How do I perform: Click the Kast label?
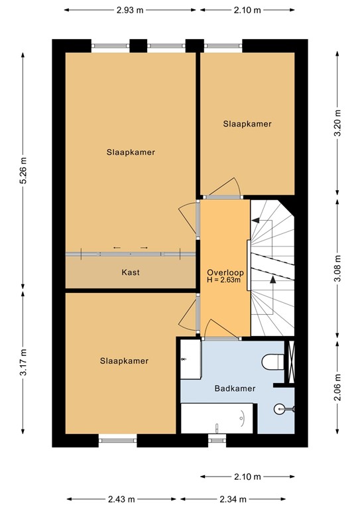point(130,272)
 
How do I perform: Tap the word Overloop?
point(225,272)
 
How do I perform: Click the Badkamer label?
point(233,389)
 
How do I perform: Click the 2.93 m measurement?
point(130,11)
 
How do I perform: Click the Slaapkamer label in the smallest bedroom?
point(247,124)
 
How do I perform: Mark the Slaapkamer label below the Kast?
point(124,361)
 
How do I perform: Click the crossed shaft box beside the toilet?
point(289,361)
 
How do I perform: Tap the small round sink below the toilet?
point(284,409)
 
